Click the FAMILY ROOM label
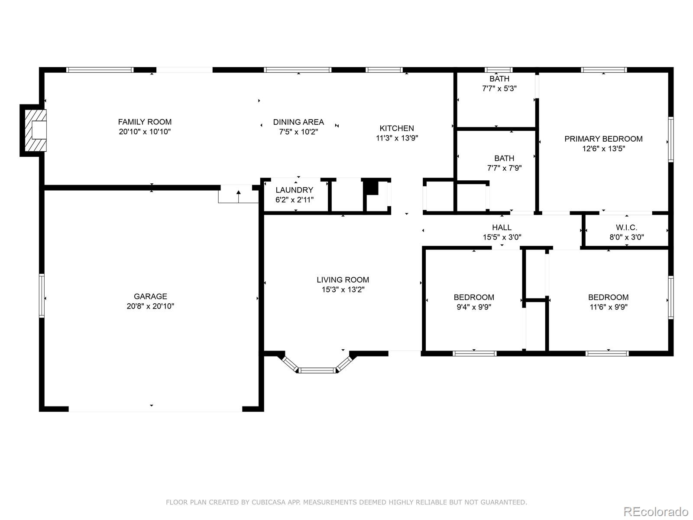145,122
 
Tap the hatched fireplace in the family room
36,130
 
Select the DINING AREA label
298,122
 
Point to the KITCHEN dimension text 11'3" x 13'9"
397,138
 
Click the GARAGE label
150,296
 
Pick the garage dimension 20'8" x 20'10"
150,306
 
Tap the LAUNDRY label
294,190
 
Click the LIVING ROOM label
343,280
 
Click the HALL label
502,227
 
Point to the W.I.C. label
626,227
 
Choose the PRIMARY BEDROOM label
603,139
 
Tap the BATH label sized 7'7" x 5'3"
499,78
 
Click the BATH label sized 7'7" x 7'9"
504,158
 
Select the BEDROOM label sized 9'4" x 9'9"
474,297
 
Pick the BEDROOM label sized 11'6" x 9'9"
609,297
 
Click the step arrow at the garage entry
238,196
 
